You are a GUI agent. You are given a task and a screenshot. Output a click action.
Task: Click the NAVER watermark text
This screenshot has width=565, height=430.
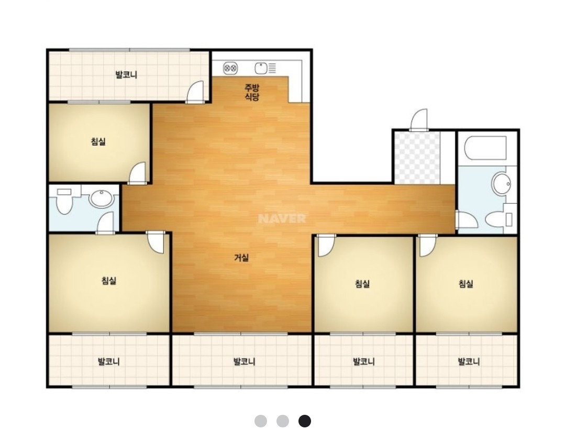click(x=282, y=218)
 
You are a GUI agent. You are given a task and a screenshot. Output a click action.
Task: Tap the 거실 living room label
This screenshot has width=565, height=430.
click(x=241, y=258)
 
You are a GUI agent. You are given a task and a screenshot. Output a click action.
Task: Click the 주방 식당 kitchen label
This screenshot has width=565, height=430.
click(x=252, y=92)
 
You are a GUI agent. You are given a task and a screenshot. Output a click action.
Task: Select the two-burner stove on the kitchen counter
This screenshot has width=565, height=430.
click(x=230, y=68)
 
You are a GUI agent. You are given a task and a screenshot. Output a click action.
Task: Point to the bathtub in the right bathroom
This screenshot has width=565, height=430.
click(x=485, y=148)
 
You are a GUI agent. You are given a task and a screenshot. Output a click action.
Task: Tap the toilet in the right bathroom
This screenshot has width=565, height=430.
click(x=499, y=218)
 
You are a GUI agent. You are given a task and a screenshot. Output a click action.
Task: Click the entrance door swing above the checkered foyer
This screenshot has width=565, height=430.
click(x=419, y=119)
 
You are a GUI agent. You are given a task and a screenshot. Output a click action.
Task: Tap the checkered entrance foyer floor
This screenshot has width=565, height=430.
click(x=417, y=158)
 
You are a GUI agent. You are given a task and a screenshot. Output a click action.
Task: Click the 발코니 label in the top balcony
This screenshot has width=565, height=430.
click(x=126, y=75)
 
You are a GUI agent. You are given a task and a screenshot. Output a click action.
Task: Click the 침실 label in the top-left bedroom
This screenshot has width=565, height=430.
click(x=98, y=141)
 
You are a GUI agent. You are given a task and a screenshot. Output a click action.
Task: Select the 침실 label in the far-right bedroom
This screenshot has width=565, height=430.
click(x=466, y=284)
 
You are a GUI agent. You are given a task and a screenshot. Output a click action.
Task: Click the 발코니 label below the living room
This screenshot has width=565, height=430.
click(x=245, y=361)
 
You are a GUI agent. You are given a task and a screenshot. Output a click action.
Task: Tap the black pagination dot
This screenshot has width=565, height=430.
click(x=304, y=421)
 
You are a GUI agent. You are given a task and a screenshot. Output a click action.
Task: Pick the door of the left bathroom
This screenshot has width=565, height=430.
click(x=105, y=223)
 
